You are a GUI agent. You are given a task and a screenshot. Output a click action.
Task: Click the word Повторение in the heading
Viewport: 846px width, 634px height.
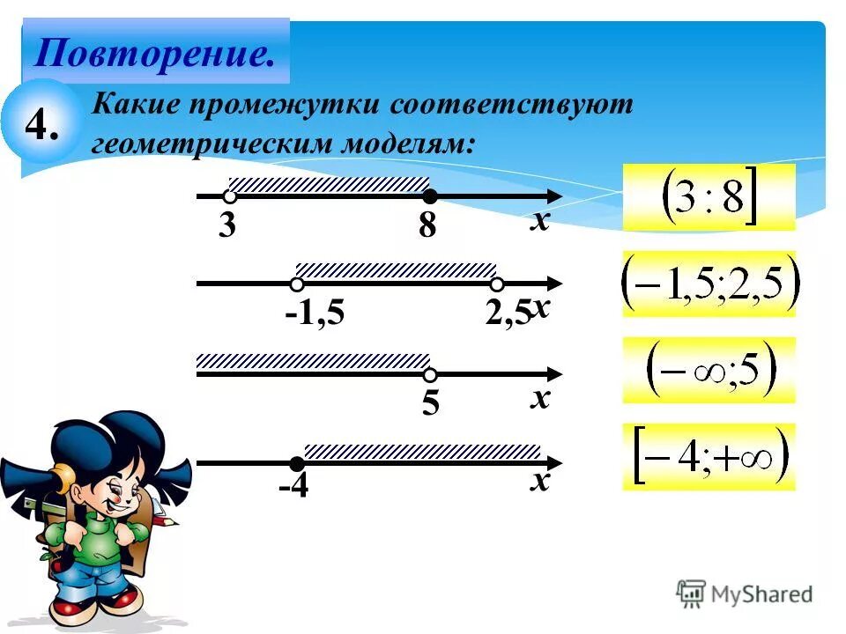click(153, 54)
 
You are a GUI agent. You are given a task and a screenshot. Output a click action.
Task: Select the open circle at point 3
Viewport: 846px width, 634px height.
click(229, 196)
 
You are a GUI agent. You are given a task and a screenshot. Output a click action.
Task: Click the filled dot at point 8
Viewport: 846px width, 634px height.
click(429, 195)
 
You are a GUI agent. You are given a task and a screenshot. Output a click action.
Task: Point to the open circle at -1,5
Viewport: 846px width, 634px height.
click(297, 284)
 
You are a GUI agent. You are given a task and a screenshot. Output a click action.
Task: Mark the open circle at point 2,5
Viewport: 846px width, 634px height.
click(497, 284)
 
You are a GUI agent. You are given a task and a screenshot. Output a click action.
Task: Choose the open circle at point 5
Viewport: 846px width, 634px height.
click(430, 374)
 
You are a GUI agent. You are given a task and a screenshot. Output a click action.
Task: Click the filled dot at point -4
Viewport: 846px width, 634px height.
click(297, 463)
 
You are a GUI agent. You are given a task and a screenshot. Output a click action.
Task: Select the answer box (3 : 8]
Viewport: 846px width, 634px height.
click(709, 197)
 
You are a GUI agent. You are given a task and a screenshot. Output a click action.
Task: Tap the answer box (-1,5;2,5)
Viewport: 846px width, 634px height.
click(709, 284)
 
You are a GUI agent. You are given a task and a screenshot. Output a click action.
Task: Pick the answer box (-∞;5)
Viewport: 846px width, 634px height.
click(709, 370)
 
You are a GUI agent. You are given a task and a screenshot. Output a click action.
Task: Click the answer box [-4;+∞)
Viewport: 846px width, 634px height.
click(709, 457)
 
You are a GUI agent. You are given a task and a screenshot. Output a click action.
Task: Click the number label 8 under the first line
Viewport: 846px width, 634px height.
click(427, 227)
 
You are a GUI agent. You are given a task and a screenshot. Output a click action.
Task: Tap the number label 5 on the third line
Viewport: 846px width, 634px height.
click(430, 404)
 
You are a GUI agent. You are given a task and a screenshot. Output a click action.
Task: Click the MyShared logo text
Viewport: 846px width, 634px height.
click(758, 594)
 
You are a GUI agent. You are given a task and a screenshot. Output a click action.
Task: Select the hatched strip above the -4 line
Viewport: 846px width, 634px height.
click(422, 452)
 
